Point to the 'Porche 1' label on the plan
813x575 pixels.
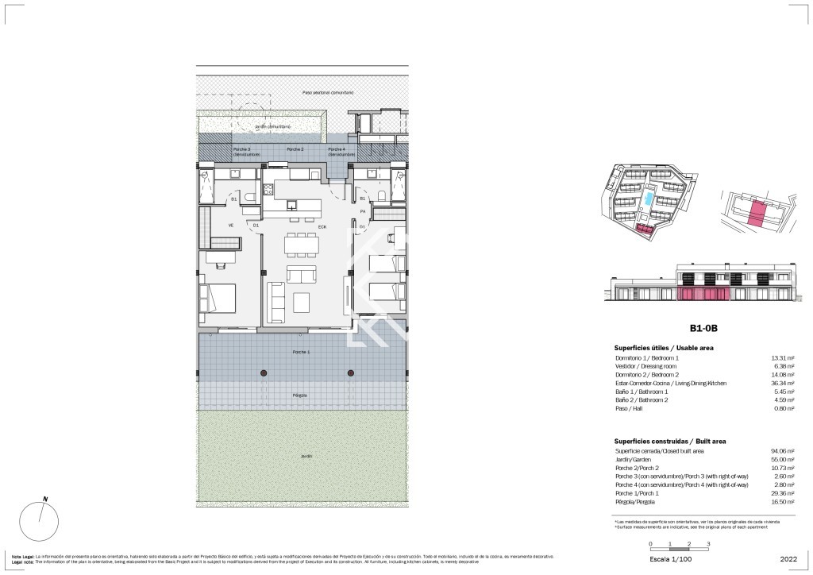(301, 352)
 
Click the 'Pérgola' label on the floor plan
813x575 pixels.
(301, 395)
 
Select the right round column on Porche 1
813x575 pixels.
(350, 372)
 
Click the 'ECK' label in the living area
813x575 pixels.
(322, 226)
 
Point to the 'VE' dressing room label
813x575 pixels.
(231, 226)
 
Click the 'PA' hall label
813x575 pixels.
(363, 211)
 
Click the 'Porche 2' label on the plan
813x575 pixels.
(295, 149)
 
